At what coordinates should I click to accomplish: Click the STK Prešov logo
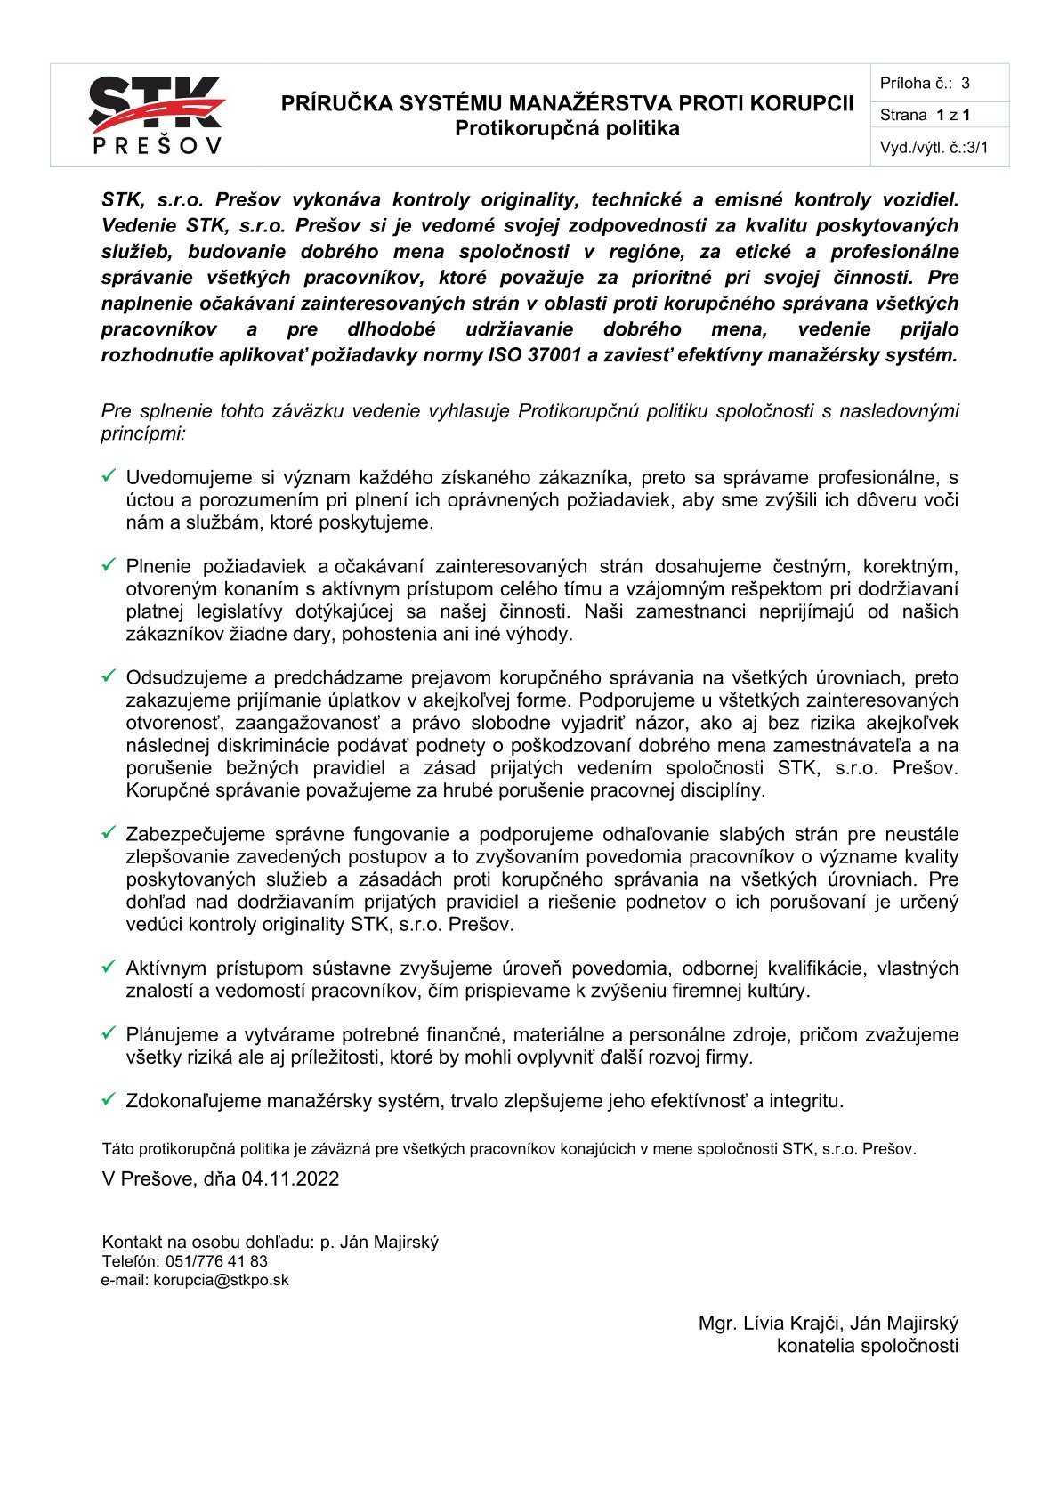(157, 115)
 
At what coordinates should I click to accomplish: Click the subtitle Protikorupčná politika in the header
(567, 128)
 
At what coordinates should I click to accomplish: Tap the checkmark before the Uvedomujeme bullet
(109, 476)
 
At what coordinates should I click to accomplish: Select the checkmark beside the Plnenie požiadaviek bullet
(109, 565)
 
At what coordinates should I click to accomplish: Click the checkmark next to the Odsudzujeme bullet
(109, 676)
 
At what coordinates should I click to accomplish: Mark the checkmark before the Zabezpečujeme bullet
(109, 833)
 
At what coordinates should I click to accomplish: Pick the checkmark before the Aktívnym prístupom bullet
(109, 967)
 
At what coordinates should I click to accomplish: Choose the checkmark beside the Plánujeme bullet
(109, 1033)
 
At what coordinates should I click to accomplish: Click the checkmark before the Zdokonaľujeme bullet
(109, 1100)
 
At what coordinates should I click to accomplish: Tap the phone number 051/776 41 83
(216, 1261)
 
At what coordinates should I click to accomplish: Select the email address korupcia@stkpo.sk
(221, 1280)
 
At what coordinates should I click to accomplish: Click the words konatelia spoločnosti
(868, 1346)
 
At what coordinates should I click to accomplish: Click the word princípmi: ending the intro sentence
(143, 434)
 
